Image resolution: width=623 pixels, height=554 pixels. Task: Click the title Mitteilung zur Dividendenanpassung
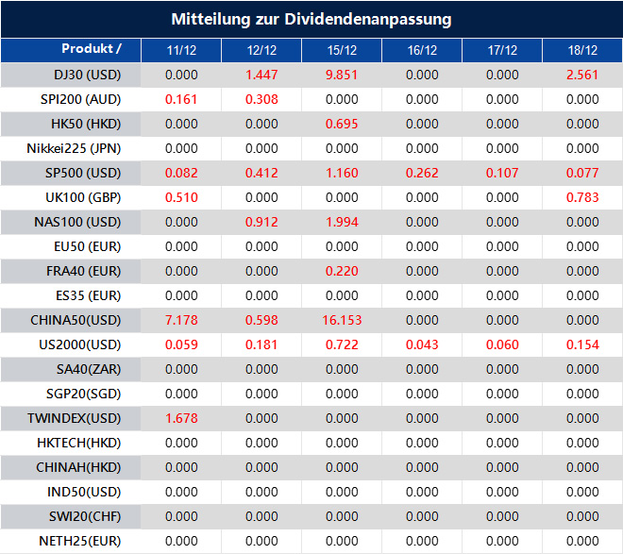point(311,19)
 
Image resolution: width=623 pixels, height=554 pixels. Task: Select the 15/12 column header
point(342,50)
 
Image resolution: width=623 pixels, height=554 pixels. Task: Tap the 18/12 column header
point(583,50)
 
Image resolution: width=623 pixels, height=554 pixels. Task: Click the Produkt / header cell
point(92,48)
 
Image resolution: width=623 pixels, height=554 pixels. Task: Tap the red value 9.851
point(342,75)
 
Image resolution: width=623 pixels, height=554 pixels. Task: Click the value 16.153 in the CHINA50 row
point(342,320)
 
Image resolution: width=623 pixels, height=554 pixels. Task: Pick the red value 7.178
point(181,320)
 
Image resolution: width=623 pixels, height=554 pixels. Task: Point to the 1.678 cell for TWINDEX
point(181,418)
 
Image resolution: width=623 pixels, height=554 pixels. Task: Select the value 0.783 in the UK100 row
point(583,197)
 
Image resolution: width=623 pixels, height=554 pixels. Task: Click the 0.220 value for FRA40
point(342,271)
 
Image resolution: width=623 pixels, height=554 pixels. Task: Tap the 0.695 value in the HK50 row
point(342,124)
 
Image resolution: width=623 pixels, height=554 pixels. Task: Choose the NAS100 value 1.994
point(342,222)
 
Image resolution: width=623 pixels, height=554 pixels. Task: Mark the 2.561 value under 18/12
point(583,75)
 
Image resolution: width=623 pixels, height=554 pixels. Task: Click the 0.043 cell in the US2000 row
point(422,344)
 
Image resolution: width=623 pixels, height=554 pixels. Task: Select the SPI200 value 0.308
point(261,99)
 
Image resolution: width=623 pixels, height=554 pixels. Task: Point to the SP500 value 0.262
point(422,173)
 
